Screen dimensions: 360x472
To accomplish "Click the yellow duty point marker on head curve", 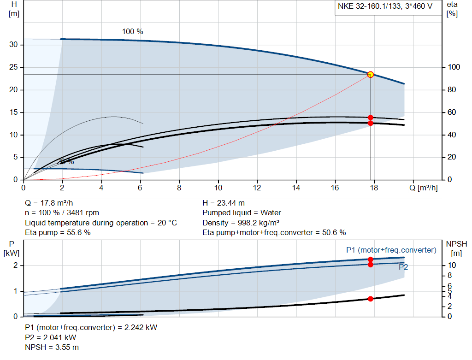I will (x=370, y=75).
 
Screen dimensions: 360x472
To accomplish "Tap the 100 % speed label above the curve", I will (x=132, y=32).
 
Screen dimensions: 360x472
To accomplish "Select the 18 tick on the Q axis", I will (x=374, y=188).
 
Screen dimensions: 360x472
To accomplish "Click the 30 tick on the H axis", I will (x=14, y=45).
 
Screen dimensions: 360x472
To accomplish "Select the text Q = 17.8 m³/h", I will (x=49, y=203).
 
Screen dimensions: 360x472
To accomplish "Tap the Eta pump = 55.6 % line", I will (x=58, y=233).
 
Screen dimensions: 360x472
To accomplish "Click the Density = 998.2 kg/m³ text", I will (x=242, y=223).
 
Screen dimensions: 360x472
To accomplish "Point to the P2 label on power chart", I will (x=403, y=267).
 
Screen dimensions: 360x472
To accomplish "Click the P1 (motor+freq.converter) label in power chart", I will (x=391, y=250).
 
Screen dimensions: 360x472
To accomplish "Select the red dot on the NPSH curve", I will (x=371, y=299).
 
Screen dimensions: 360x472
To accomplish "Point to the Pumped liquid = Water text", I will (x=242, y=213).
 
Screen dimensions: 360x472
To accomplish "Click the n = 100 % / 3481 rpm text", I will (x=62, y=213).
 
